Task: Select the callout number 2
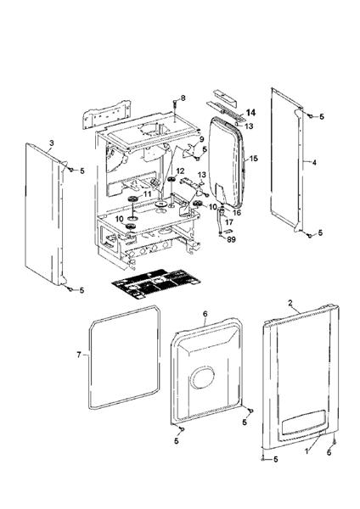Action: tap(291, 303)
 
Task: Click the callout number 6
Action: tap(205, 314)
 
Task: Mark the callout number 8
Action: tap(182, 99)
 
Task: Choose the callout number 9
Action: tap(202, 139)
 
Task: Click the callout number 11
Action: tap(146, 194)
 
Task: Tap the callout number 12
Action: tap(180, 171)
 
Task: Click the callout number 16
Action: tap(238, 212)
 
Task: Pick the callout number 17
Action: tap(228, 222)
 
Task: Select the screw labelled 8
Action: tap(174, 106)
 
